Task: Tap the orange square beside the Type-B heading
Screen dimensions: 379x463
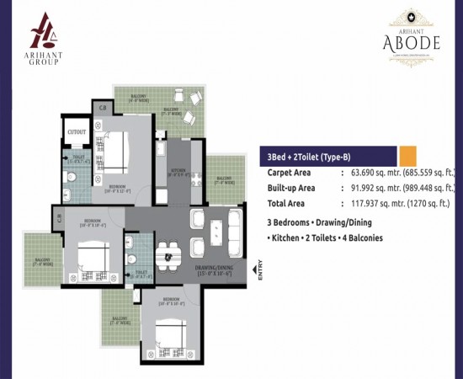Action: [x=407, y=157]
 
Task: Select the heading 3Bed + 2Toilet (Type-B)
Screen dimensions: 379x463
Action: [x=309, y=157]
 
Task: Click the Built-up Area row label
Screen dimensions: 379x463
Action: [x=290, y=188]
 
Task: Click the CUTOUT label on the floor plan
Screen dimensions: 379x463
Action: [x=77, y=132]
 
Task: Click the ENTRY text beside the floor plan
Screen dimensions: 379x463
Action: [x=258, y=275]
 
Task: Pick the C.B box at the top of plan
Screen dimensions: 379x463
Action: [x=103, y=107]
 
